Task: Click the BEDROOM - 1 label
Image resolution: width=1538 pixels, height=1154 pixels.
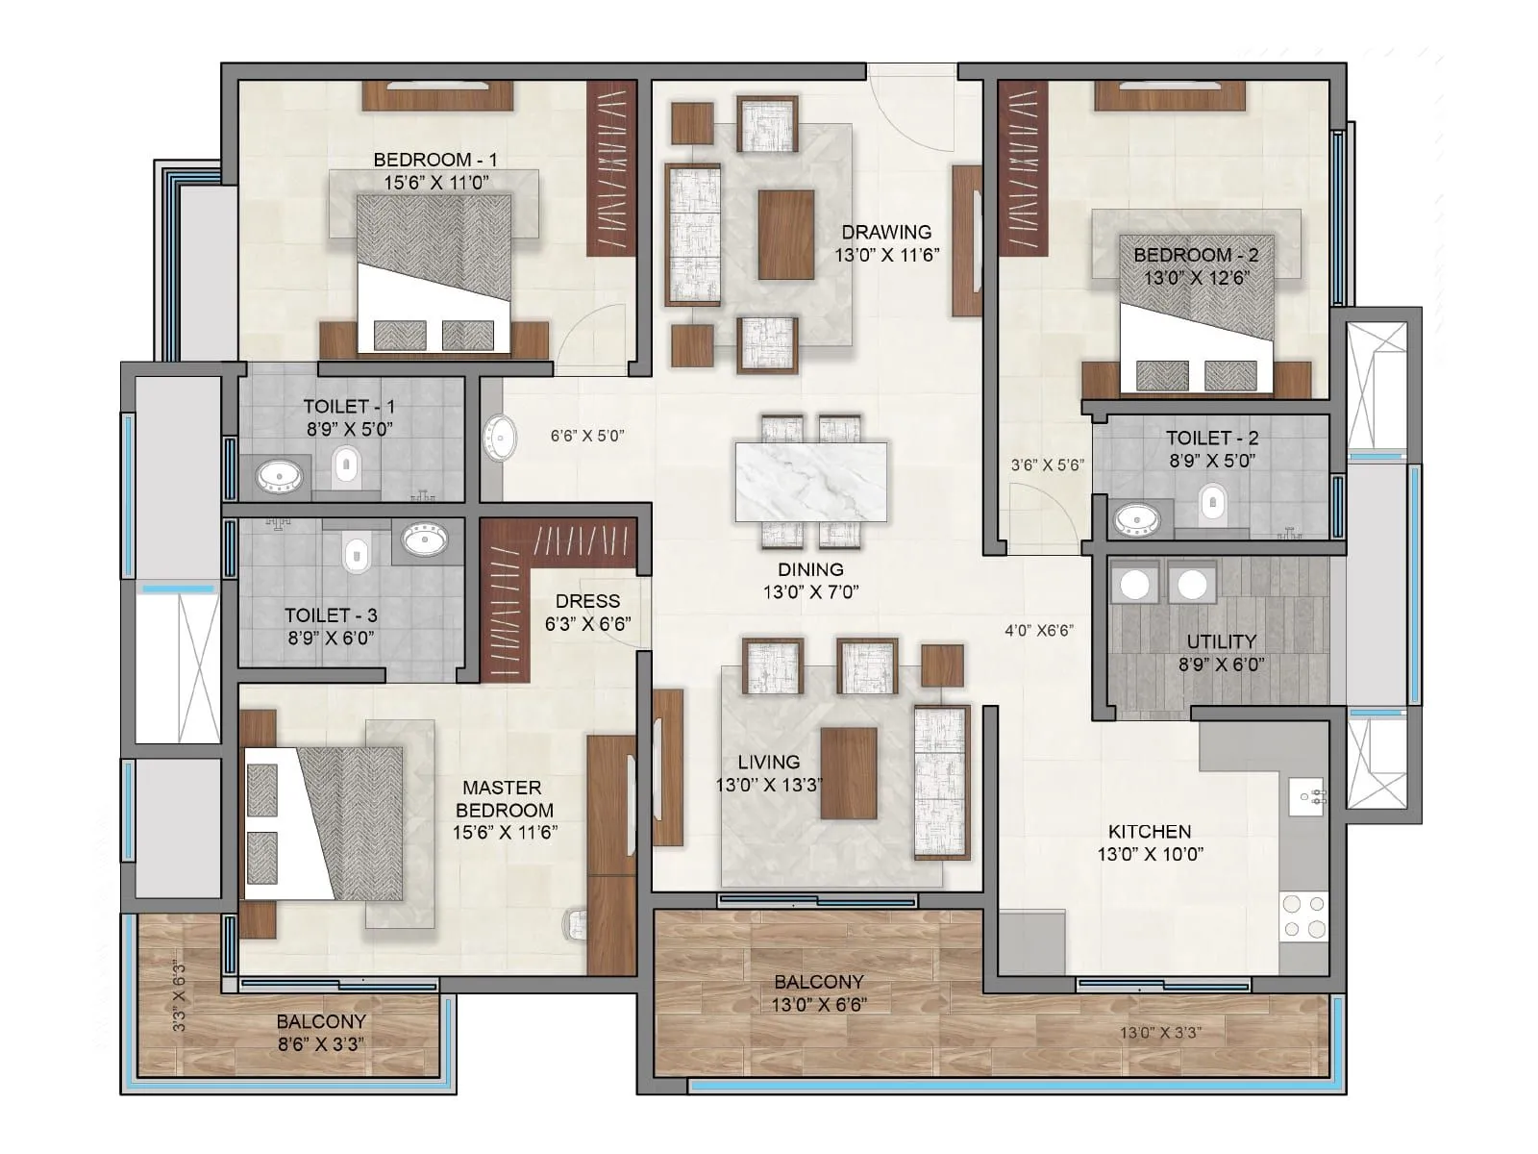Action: [434, 160]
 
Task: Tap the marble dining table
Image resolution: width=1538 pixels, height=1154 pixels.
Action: [811, 481]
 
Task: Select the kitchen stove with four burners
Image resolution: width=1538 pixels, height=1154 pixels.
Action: [1304, 916]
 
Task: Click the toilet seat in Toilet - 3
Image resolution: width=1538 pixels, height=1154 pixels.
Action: [356, 554]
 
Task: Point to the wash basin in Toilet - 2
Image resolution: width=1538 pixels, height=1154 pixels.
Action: [1137, 521]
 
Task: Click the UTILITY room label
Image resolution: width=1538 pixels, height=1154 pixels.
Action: [1221, 641]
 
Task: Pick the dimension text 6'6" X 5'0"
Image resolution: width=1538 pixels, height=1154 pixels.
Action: [587, 436]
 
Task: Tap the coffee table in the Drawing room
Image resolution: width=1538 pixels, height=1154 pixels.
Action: [785, 235]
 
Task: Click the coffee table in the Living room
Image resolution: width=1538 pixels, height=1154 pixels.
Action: [849, 772]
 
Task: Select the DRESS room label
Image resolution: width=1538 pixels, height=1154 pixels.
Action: [587, 601]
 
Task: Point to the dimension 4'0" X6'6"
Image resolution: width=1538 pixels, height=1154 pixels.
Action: [1038, 631]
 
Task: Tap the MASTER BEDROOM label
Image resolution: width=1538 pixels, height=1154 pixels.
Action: [504, 798]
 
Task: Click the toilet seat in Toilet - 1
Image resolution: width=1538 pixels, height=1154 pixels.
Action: [347, 467]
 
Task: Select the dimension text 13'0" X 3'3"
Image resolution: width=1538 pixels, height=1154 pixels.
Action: [1160, 1033]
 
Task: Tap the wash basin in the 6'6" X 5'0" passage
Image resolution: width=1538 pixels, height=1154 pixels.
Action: [500, 439]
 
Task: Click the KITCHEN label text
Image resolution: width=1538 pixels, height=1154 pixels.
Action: [1149, 831]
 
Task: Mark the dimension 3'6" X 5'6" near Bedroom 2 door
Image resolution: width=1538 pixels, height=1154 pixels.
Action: [1047, 464]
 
